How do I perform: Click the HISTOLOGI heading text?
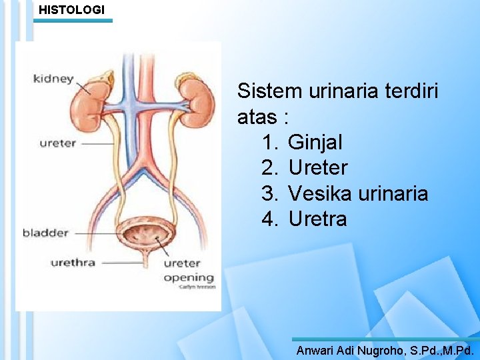coord(71,10)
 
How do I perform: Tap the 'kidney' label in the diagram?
coord(53,79)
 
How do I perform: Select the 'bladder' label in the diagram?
coord(45,233)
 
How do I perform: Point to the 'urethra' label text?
coord(73,262)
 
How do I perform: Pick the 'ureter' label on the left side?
coord(57,143)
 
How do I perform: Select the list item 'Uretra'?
coord(317,219)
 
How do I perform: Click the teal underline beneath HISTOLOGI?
coord(73,21)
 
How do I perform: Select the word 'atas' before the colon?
coord(257,117)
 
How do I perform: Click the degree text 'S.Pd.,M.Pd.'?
coord(441,350)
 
